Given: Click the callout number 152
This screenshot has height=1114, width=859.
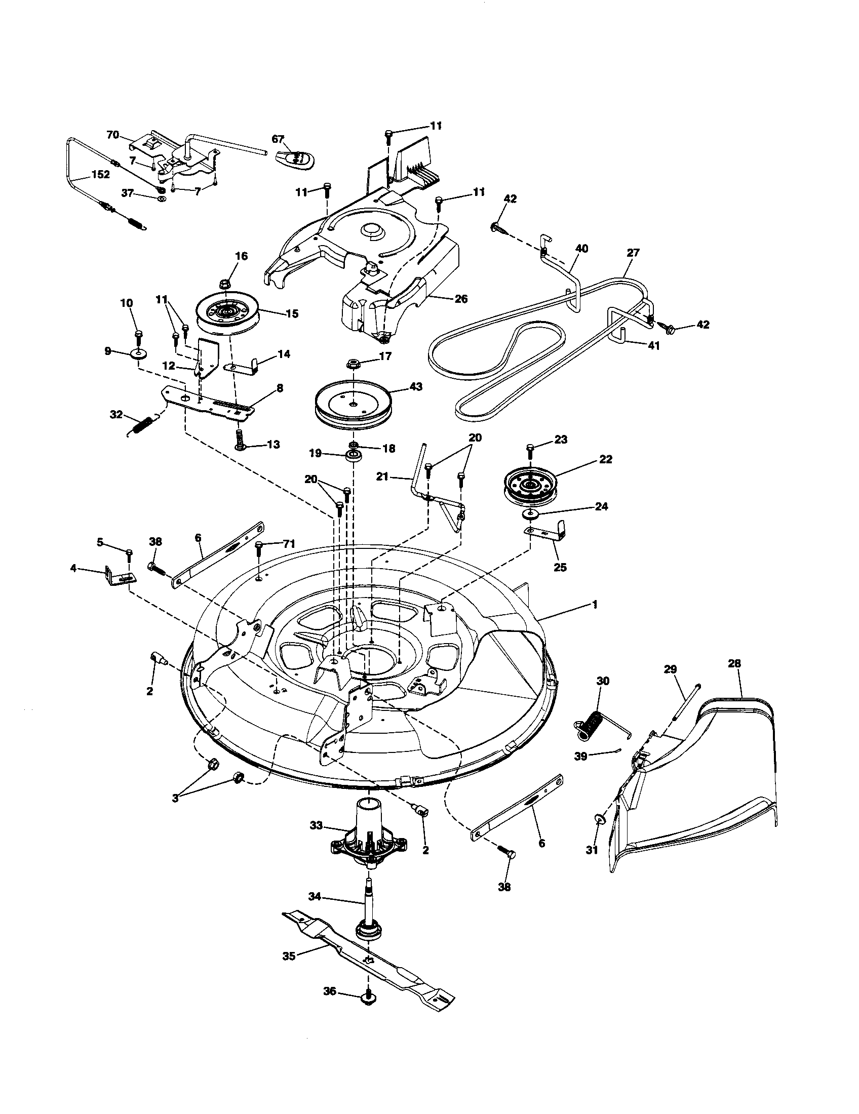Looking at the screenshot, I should pos(100,175).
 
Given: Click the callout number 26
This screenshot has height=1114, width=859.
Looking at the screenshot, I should pos(460,299).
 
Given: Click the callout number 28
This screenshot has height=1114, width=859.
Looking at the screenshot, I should pos(735,664).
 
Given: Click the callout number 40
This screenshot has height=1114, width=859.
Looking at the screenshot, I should pos(581,249).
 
